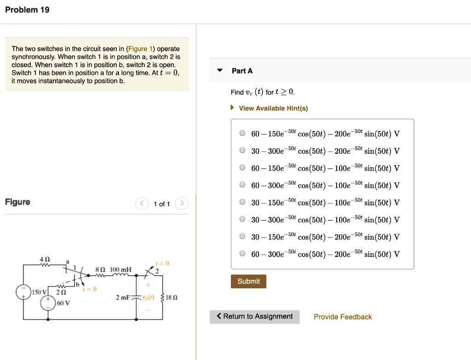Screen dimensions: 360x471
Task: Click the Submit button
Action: (x=248, y=281)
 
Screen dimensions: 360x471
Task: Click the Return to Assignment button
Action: (x=254, y=317)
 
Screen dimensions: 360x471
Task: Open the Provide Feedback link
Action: (x=343, y=317)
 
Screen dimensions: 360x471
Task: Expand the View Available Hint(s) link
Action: (x=273, y=108)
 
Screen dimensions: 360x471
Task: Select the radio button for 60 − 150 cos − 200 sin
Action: (x=242, y=134)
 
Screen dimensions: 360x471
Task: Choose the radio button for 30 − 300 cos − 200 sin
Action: (x=242, y=151)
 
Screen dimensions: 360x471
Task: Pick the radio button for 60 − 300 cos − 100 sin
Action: (x=242, y=185)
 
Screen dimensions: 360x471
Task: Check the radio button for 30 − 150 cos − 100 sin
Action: (x=242, y=203)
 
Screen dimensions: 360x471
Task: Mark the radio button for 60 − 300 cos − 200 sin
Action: (x=242, y=254)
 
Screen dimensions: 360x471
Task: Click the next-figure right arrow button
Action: (x=182, y=203)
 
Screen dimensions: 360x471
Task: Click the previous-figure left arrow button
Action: (x=142, y=203)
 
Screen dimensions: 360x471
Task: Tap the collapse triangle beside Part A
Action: (x=220, y=71)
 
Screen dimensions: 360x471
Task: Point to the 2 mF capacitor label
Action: (x=123, y=298)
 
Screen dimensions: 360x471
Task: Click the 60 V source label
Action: (x=63, y=303)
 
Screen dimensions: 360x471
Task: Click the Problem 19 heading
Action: (x=27, y=10)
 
